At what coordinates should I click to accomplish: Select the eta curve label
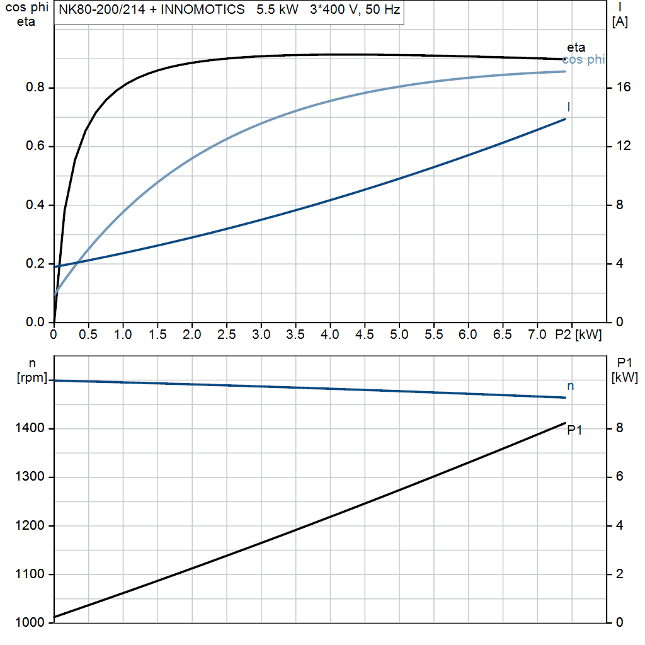click(x=576, y=47)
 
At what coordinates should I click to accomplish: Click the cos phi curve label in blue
click(x=583, y=60)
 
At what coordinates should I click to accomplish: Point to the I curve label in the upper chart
click(x=569, y=106)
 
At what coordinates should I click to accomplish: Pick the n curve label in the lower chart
click(x=571, y=386)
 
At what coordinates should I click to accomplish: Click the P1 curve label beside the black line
click(x=574, y=430)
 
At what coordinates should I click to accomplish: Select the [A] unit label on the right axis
click(x=620, y=22)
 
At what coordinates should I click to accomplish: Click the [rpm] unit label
click(x=31, y=377)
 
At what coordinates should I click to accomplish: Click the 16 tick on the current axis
click(x=624, y=88)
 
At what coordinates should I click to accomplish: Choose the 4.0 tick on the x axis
click(x=330, y=334)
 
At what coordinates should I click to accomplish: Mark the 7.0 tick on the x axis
click(x=537, y=334)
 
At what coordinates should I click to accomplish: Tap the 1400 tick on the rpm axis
click(x=31, y=429)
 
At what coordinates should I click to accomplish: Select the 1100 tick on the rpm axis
click(x=31, y=574)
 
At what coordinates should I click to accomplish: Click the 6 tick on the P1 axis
click(x=620, y=477)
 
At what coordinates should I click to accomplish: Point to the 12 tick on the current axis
click(x=624, y=146)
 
